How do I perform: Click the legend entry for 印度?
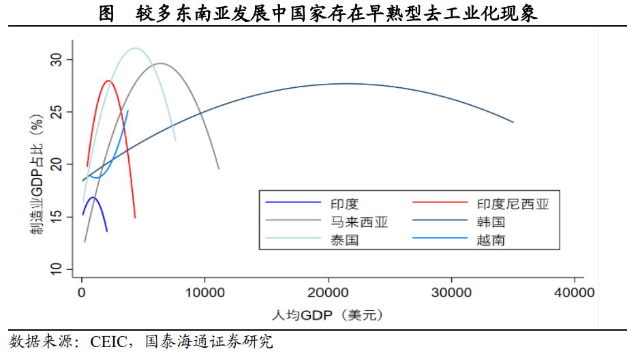[345, 203]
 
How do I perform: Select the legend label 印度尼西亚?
[512, 203]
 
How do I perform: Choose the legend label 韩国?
[491, 222]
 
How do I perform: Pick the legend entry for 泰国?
[345, 240]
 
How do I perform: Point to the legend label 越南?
[491, 240]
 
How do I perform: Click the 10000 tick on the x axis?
[205, 293]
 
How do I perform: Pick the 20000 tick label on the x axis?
[329, 293]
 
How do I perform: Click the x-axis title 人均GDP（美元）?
[327, 315]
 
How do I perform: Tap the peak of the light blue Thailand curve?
[135, 48]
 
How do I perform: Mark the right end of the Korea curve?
[513, 122]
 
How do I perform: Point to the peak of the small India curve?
[93, 198]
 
